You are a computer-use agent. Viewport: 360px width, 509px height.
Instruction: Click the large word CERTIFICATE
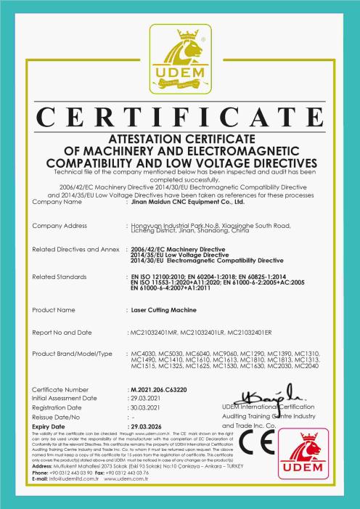click(179, 117)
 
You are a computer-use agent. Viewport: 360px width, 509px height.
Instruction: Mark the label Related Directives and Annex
click(76, 249)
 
